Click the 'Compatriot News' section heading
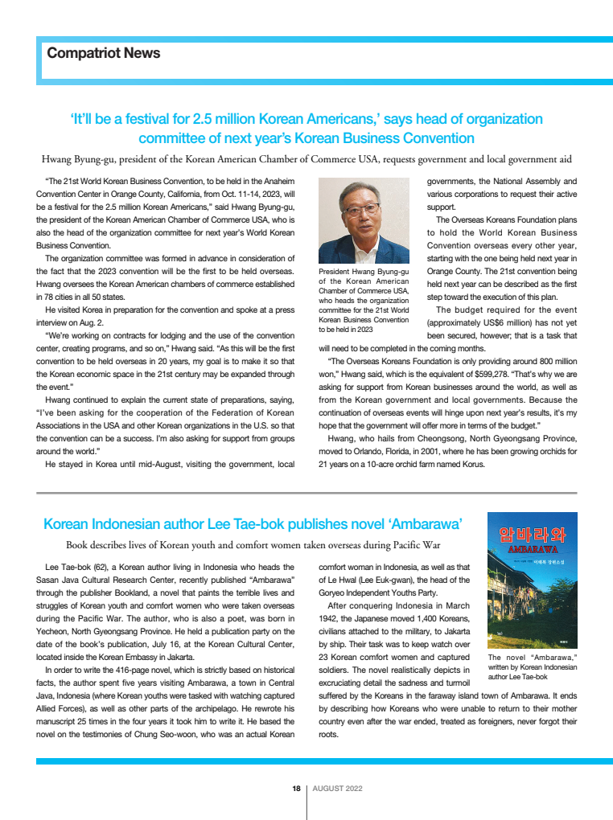[104, 53]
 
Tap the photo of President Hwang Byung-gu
[364, 222]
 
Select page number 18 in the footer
[296, 788]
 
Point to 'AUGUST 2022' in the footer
[337, 788]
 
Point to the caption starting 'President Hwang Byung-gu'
[364, 301]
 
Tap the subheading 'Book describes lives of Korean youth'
[253, 545]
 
